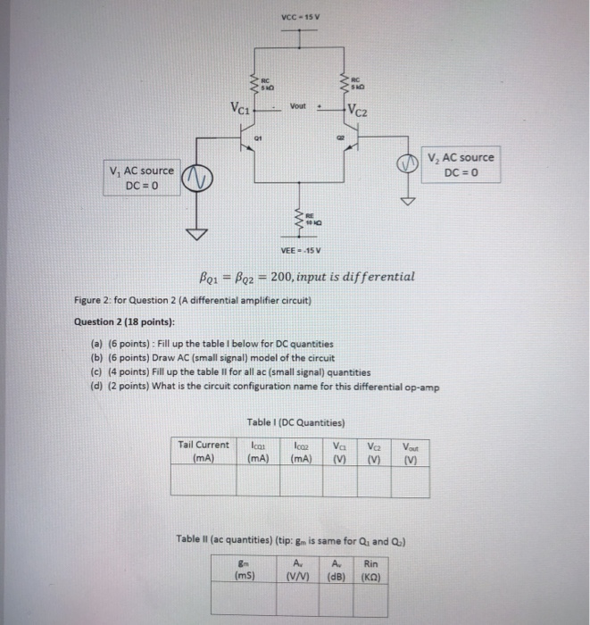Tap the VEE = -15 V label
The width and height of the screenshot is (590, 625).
click(303, 249)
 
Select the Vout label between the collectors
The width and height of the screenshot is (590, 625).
click(297, 105)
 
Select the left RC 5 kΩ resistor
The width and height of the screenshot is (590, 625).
click(253, 87)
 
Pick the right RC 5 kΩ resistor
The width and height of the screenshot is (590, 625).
click(344, 87)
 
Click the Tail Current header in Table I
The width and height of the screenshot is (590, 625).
click(204, 451)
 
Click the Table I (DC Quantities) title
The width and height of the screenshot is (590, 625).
click(297, 422)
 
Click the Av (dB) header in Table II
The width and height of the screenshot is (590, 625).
click(337, 569)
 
